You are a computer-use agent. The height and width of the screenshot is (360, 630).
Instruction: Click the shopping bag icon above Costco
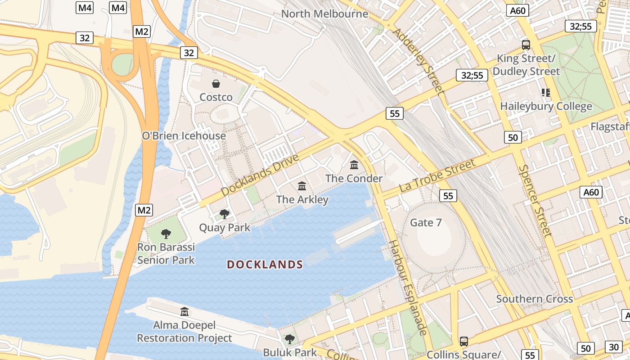(x=216, y=84)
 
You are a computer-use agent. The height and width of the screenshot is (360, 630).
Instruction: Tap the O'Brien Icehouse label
(x=184, y=136)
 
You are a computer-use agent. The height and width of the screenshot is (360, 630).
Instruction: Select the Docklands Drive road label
(x=260, y=175)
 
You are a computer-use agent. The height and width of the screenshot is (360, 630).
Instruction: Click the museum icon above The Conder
(x=354, y=165)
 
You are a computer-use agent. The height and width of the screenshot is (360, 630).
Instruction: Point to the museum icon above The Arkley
(x=302, y=186)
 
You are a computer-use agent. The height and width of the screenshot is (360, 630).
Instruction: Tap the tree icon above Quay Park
(x=224, y=214)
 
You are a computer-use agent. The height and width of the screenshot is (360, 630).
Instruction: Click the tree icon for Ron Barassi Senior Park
(x=166, y=234)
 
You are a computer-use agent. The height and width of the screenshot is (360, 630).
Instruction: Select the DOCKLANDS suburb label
(x=265, y=265)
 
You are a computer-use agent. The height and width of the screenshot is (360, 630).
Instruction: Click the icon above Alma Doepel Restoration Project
(x=184, y=311)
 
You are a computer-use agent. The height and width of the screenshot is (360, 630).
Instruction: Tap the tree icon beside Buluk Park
(x=290, y=339)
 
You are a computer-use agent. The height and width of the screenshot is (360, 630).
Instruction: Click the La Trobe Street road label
(x=437, y=176)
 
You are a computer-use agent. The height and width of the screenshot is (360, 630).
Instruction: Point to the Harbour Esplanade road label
(x=408, y=288)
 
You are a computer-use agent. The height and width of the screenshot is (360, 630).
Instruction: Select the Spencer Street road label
(x=535, y=201)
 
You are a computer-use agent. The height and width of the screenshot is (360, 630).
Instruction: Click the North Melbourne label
(x=324, y=14)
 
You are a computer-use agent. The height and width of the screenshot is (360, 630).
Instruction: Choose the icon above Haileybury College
(x=546, y=93)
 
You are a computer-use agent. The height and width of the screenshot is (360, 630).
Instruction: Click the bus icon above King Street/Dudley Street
(x=526, y=45)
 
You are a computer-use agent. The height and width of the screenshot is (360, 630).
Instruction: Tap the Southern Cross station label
(x=534, y=299)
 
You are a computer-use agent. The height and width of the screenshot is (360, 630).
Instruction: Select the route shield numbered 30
(x=614, y=347)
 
